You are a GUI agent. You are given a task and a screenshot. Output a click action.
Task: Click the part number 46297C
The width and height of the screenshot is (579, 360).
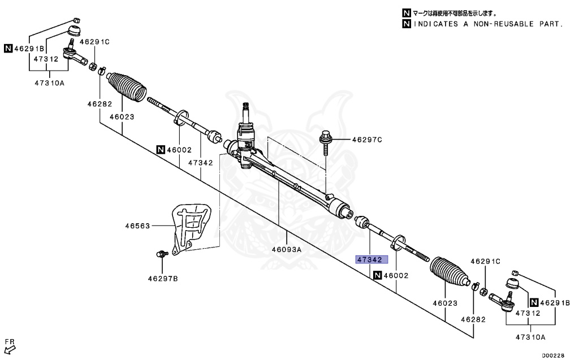[x=368, y=140]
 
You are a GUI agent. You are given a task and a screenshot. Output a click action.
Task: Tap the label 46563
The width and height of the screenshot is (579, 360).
[x=137, y=226]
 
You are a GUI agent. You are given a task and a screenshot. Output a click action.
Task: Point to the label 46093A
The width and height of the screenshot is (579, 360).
[x=287, y=249]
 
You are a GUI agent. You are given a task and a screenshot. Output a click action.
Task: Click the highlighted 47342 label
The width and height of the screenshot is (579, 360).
[x=371, y=260]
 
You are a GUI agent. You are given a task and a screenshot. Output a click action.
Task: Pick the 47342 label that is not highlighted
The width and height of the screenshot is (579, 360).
[x=200, y=163]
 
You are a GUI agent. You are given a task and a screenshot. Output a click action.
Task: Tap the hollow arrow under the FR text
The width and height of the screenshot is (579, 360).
[x=8, y=350]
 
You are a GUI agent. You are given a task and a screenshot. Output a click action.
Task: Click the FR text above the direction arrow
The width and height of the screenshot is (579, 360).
[x=9, y=341]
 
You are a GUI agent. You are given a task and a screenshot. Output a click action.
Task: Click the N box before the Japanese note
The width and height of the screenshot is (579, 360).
[x=406, y=13]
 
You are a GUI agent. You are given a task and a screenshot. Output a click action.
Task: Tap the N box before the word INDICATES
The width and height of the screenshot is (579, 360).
[x=406, y=24]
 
